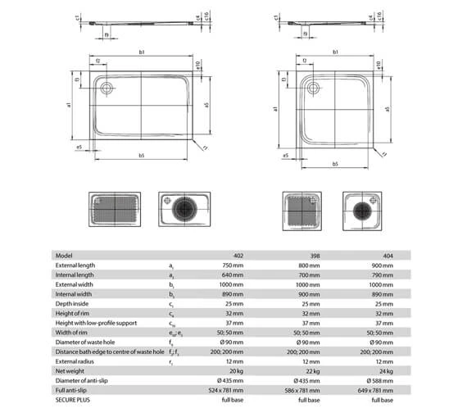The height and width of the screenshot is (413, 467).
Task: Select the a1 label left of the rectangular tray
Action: click(x=70, y=105)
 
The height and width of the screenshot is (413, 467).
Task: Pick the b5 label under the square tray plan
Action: click(x=335, y=164)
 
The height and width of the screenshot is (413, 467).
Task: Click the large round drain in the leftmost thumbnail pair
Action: click(x=185, y=209)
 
